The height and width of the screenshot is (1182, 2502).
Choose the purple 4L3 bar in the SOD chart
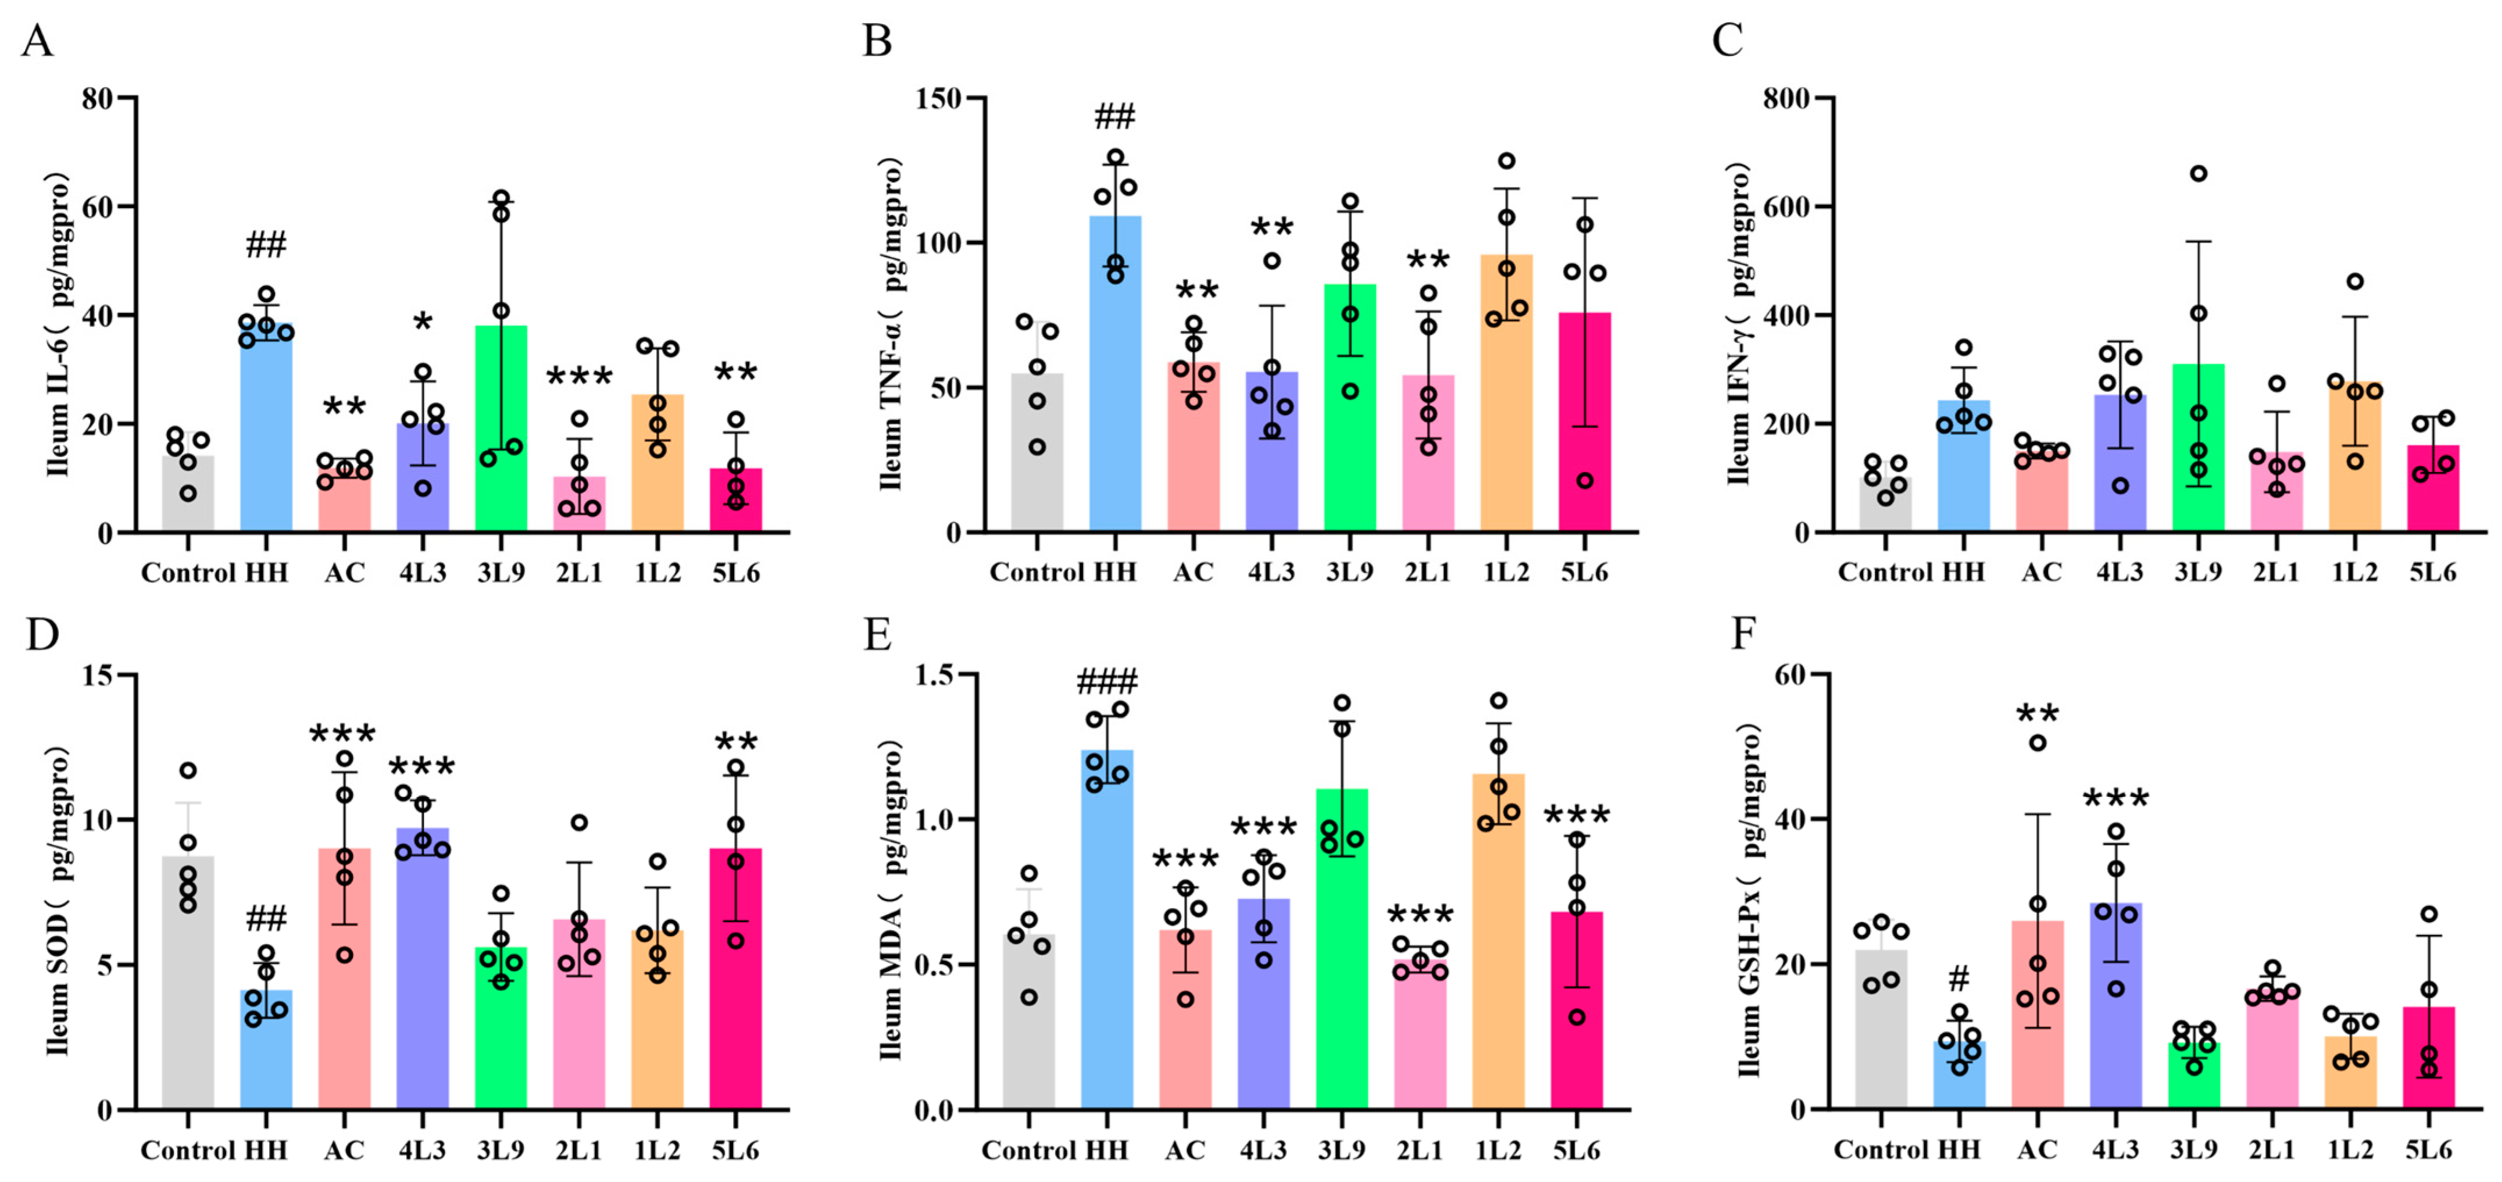click(x=423, y=972)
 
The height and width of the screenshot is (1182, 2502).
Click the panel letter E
click(x=878, y=635)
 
